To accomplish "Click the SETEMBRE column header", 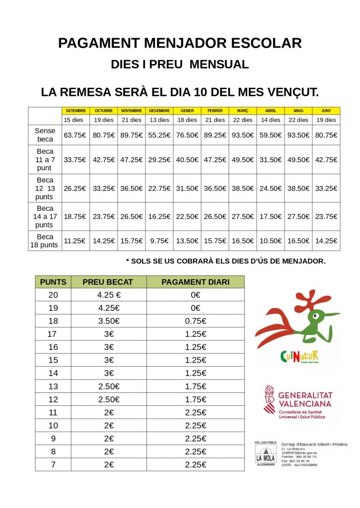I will (76, 111).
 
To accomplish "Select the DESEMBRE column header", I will (159, 111).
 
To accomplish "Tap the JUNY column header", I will (326, 111).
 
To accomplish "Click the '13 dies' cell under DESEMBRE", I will (159, 120).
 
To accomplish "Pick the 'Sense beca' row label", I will (45, 134).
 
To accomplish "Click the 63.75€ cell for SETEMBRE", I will (75, 134).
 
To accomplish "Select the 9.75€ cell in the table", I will (159, 241).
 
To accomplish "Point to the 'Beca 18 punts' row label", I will (45, 241).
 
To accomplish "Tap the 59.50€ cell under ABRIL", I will (271, 134).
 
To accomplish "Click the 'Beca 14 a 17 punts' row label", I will (45, 216).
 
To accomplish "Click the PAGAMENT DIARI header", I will (195, 282).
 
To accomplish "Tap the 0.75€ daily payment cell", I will (195, 321).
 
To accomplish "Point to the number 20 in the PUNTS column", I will (53, 295).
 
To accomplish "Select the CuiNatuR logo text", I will (299, 356).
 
